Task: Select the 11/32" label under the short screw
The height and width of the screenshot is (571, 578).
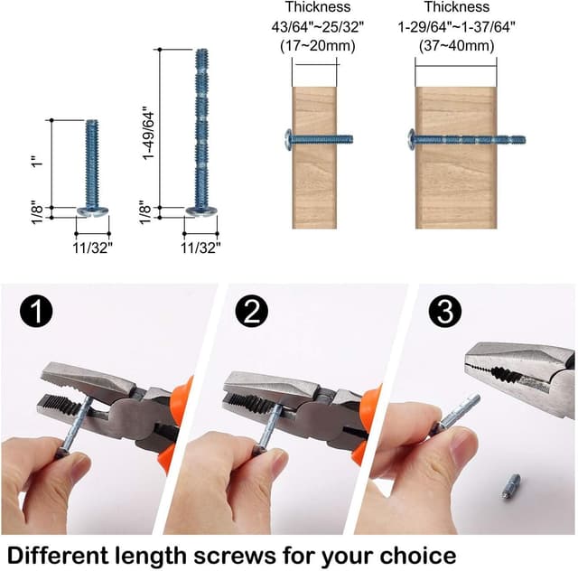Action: click(94, 245)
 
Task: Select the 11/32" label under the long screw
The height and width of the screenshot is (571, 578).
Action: click(201, 245)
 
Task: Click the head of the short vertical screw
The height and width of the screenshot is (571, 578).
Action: click(93, 211)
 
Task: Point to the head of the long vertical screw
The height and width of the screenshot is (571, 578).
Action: click(201, 211)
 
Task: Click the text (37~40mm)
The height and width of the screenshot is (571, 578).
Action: click(456, 44)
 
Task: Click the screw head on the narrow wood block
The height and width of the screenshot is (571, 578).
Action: click(289, 139)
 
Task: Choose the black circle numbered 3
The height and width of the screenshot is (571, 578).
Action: click(445, 312)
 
